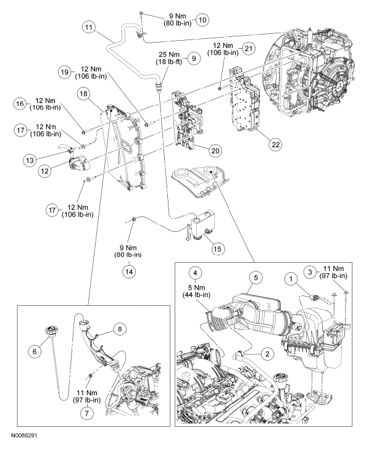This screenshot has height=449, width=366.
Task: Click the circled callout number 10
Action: coord(202,20)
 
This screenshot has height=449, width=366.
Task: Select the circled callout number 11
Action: coord(89,28)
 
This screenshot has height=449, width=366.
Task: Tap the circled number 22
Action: coord(275,144)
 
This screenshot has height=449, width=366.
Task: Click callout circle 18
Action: coord(84,94)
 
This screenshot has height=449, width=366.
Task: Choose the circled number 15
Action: coord(217,249)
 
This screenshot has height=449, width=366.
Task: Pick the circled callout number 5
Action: coord(256,278)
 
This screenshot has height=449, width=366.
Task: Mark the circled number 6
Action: coord(35,351)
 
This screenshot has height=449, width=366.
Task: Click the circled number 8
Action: coord(120,329)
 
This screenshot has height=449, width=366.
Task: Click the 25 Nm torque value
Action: coord(170,54)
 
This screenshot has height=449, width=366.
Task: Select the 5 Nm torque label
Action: coord(197,287)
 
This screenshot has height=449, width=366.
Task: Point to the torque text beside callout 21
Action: coord(225,49)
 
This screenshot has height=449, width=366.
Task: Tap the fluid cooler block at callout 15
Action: coord(204,225)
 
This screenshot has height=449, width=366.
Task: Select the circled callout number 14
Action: coord(129,271)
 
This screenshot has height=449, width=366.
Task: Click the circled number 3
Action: coord(310,272)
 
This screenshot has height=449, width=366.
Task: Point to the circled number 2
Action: coord(267,354)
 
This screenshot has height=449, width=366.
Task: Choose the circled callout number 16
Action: coord(20,104)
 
